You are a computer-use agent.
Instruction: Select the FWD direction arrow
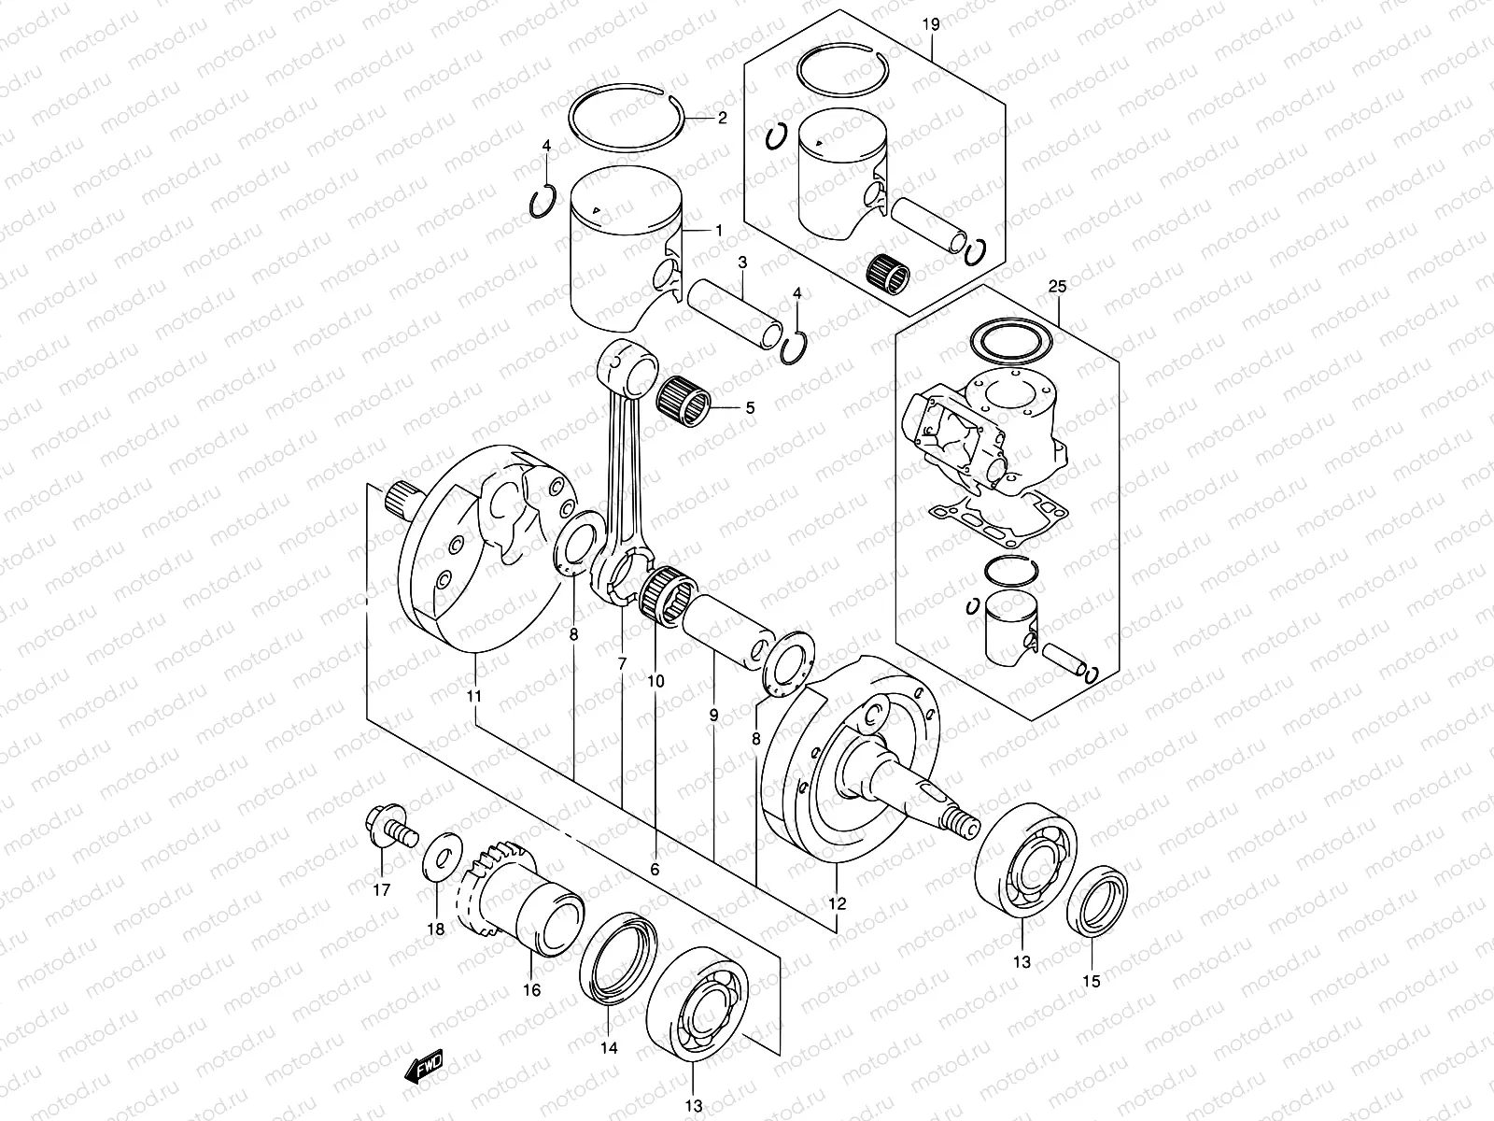[x=424, y=1067]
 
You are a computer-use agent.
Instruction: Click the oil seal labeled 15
[x=1098, y=903]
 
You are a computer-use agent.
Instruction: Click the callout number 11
[x=474, y=697]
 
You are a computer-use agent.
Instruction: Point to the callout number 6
[x=655, y=869]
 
